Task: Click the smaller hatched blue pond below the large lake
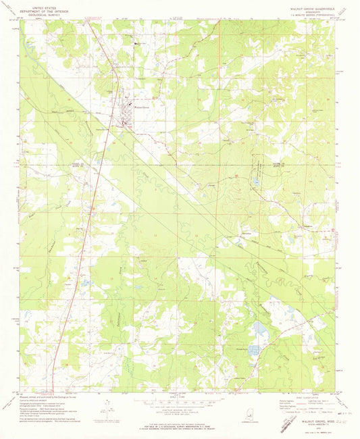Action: (x=253, y=350)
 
